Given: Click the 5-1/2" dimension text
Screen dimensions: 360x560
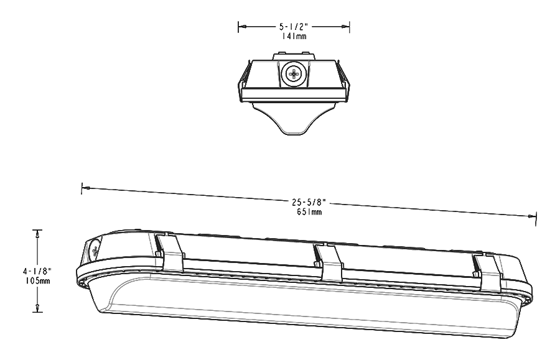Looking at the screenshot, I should coord(294,27).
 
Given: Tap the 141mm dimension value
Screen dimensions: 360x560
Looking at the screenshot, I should coord(294,37).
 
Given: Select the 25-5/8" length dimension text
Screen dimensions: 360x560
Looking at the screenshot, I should coord(309,203).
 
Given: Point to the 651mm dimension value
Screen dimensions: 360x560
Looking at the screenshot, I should coord(309,212).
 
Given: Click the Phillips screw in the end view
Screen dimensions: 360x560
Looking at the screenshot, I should coord(292,75).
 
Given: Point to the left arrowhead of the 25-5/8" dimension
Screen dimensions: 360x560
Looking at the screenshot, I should coord(86,187).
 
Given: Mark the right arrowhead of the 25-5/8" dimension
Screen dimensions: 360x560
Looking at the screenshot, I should coord(532,216).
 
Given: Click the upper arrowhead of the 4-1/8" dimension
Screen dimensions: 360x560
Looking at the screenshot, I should coord(38,234).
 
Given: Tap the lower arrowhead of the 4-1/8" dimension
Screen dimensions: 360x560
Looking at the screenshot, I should coord(38,308).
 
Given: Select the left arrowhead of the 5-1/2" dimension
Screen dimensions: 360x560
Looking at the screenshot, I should coord(242,27).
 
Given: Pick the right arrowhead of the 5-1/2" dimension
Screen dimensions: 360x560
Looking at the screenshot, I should coord(345,27).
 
